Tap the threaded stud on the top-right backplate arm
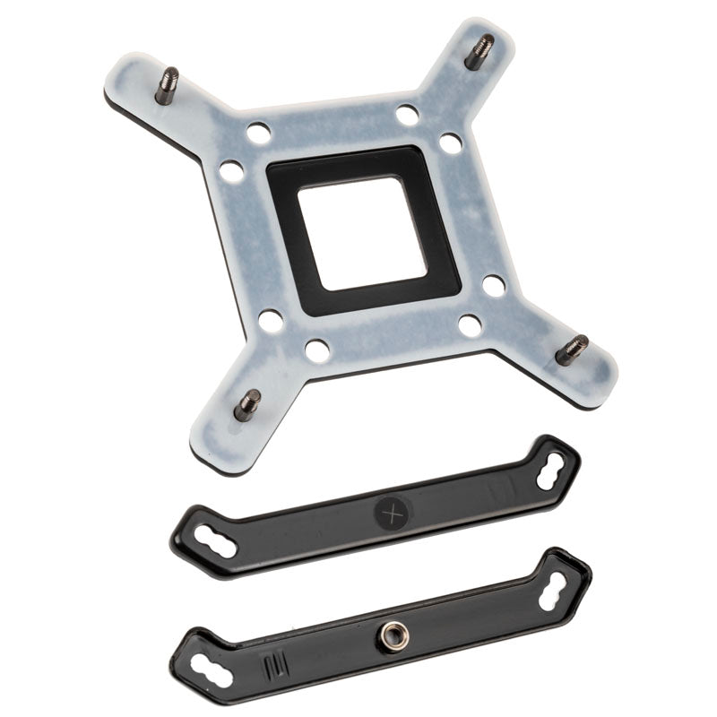480,51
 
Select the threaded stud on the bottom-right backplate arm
570,349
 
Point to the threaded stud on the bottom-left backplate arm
247,405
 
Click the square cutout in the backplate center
363,232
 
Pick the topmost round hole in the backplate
408,115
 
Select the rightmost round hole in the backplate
494,286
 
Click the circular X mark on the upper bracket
391,514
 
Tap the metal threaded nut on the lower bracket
392,635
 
